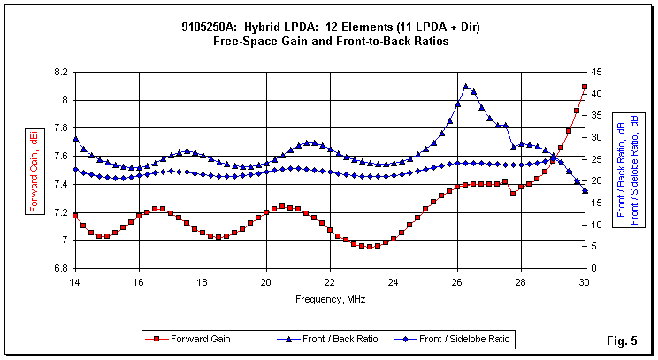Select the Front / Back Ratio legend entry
320,338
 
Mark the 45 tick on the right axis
598,73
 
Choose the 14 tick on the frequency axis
75,281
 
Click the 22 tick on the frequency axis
330,281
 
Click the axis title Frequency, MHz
330,298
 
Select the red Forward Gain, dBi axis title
34,170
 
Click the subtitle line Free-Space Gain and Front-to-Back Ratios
330,41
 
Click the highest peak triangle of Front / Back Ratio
465,87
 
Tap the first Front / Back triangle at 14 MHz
75,139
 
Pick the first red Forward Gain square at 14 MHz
75,216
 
